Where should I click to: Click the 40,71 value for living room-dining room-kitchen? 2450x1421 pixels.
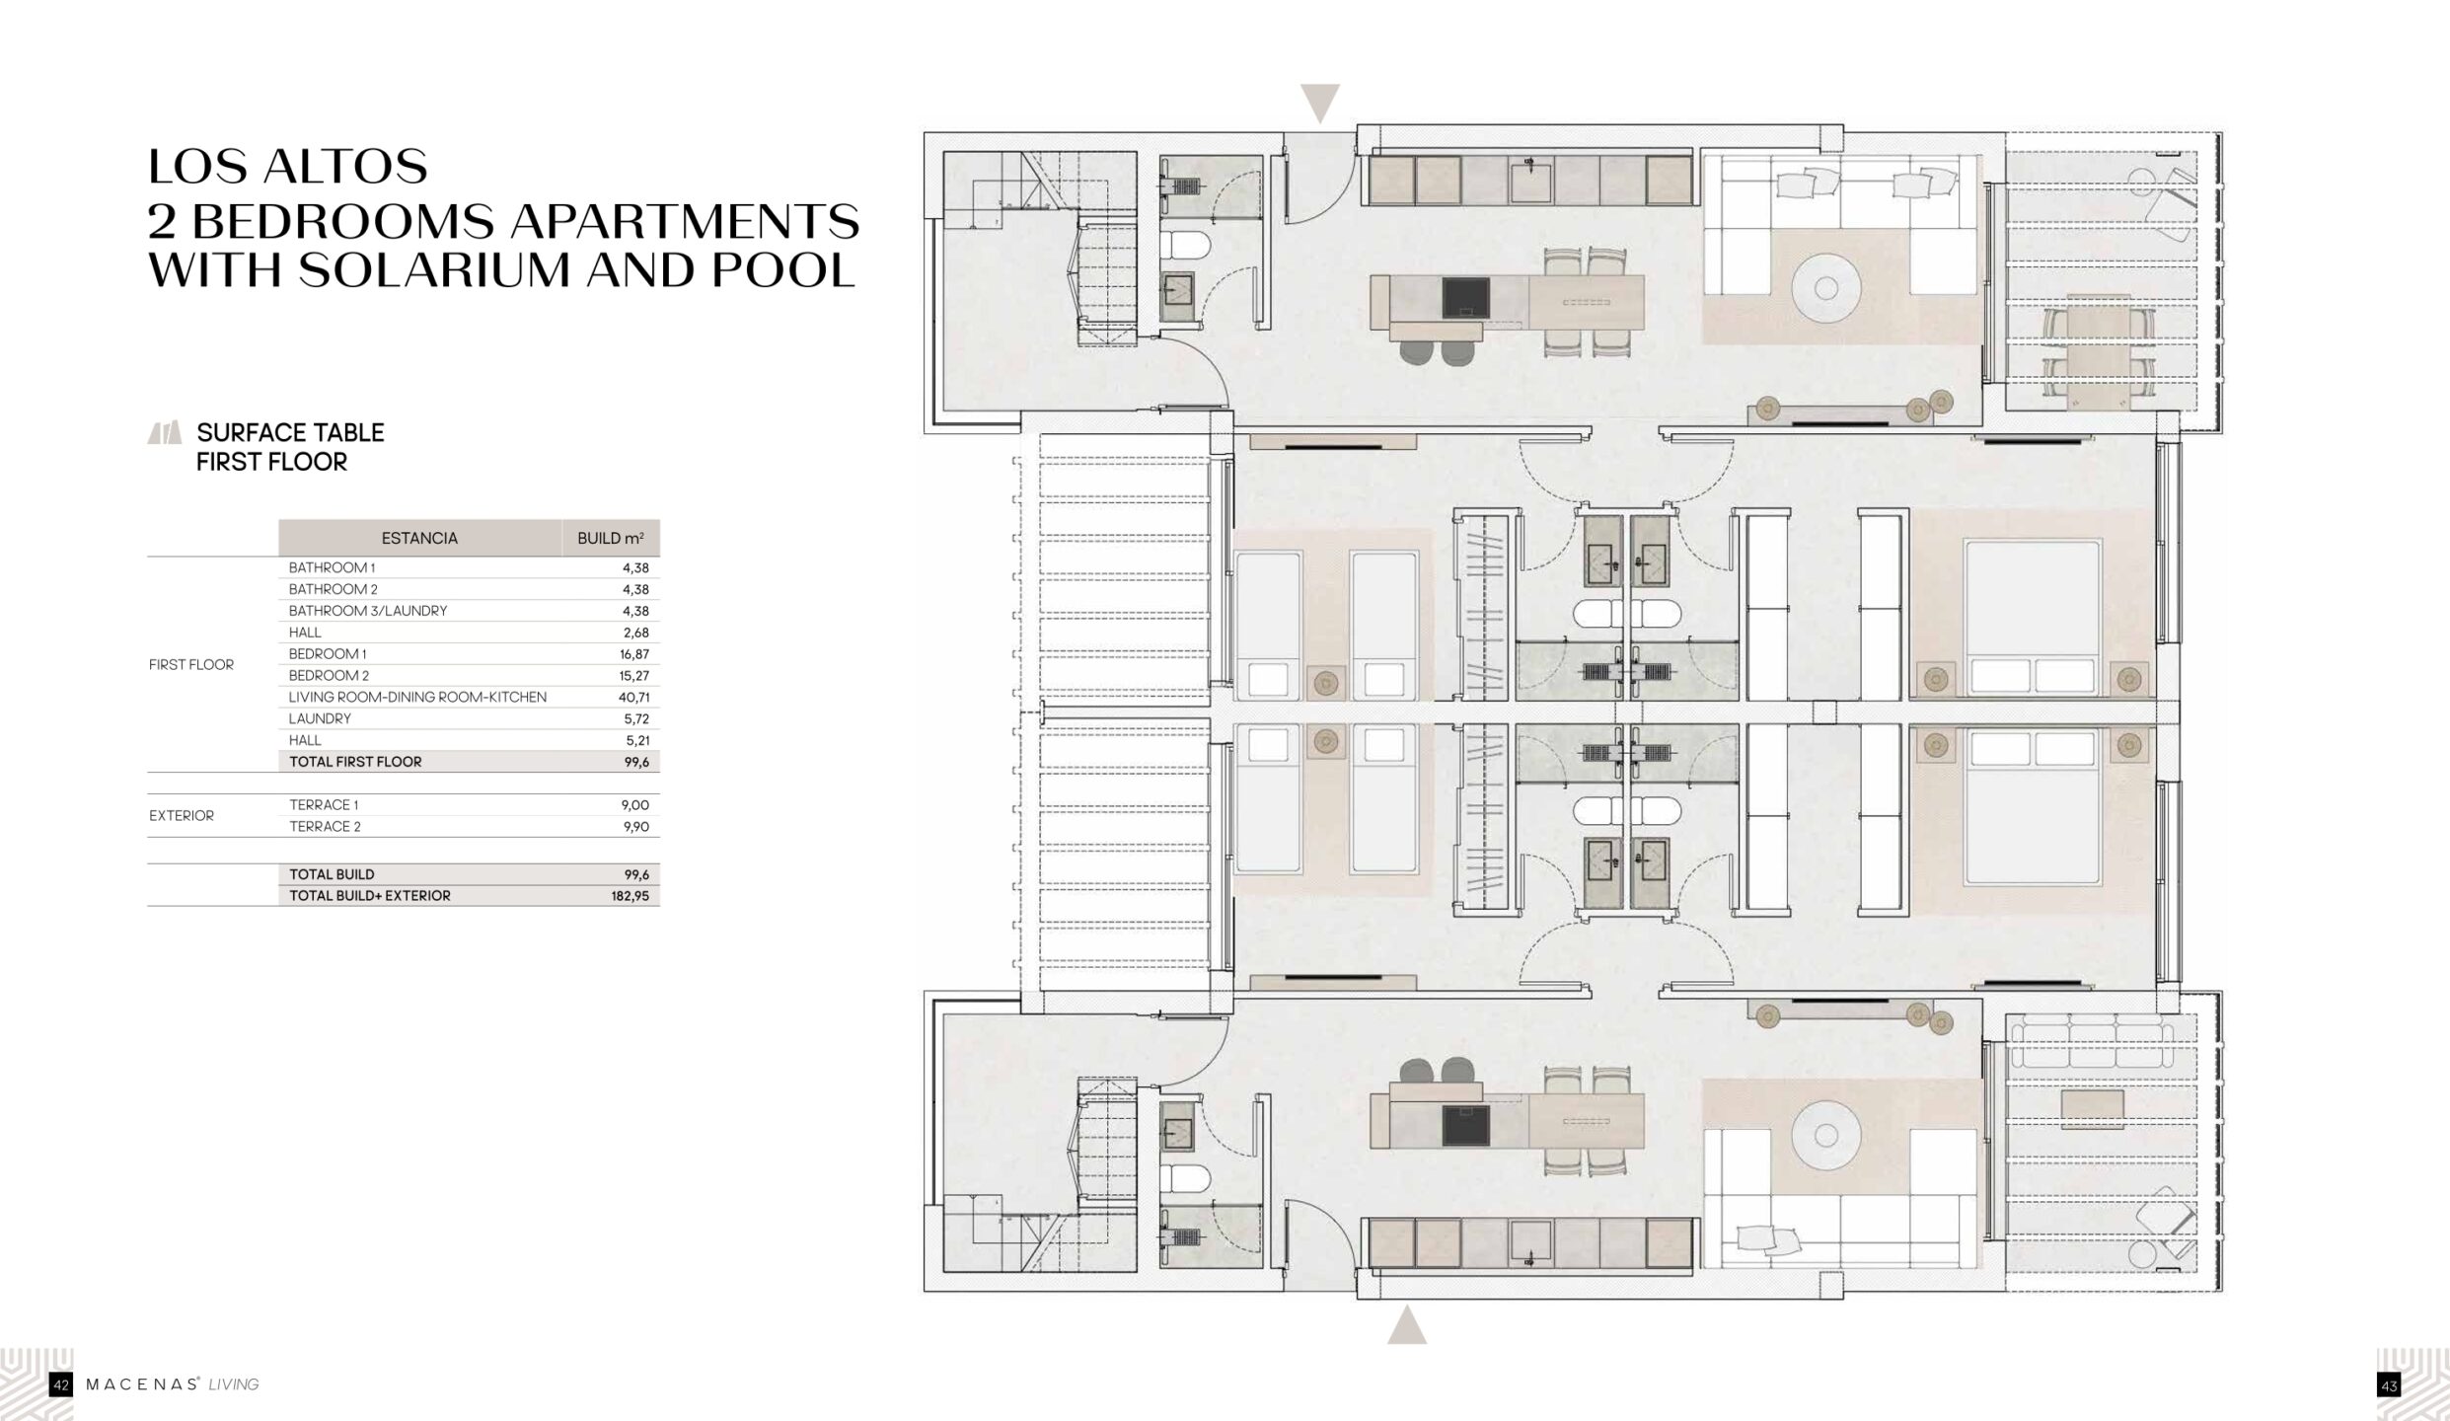[x=633, y=697]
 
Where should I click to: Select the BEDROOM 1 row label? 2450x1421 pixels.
[x=328, y=653]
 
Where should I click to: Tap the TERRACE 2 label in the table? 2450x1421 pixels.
[x=325, y=826]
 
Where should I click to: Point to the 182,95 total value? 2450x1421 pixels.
[x=630, y=896]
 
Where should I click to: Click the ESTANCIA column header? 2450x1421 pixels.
[x=419, y=538]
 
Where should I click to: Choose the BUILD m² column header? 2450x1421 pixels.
[x=611, y=538]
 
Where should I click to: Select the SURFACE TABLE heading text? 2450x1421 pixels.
[x=290, y=432]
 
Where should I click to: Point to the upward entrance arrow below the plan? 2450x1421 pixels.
[x=1407, y=1324]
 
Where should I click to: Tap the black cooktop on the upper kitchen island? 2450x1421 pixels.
[x=1466, y=297]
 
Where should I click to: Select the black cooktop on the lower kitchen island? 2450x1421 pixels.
[x=1466, y=1126]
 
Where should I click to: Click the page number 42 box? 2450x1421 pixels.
[x=60, y=1385]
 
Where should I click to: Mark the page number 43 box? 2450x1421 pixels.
[x=2389, y=1385]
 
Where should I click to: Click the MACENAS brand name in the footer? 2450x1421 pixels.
[x=142, y=1384]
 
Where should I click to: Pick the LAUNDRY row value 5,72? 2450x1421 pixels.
[x=636, y=718]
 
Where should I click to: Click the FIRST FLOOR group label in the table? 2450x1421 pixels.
[x=191, y=664]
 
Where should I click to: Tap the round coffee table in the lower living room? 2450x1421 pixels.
[x=1826, y=1137]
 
